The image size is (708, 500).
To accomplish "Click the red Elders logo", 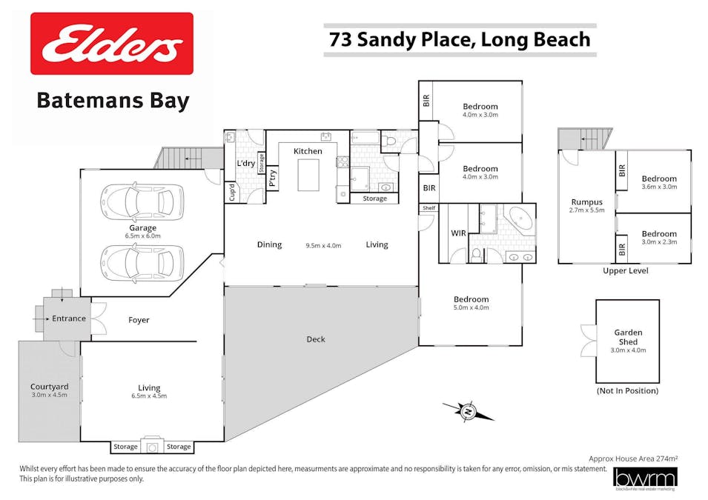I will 111,44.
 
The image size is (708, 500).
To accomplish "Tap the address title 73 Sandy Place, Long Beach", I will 460,39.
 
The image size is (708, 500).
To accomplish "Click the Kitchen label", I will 308,151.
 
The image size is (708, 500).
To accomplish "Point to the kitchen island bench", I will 308,174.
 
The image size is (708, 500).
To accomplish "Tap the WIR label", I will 458,234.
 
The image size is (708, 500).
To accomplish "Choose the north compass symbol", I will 468,410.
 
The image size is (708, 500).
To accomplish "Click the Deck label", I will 316,339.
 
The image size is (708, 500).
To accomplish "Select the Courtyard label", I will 50,387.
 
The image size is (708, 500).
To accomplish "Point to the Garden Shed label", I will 627,337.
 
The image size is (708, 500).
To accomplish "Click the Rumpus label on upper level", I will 586,201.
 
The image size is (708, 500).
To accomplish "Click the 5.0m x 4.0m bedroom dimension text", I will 471,307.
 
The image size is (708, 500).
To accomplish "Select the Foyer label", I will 139,320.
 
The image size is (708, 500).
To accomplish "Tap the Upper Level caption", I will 626,271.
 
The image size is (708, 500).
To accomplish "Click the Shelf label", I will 429,208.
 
